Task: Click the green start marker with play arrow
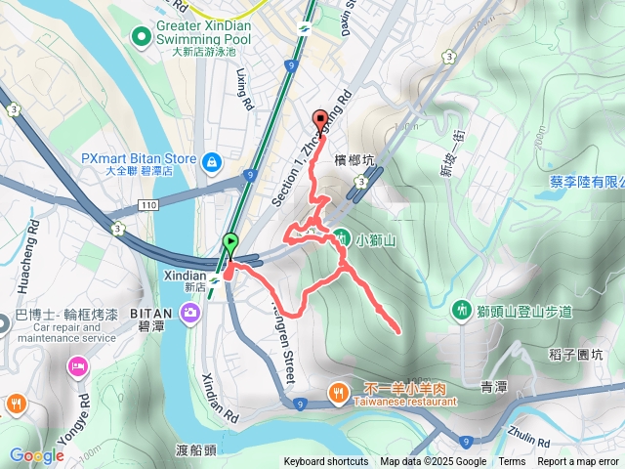pyautogui.click(x=230, y=242)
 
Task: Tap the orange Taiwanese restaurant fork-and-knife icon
pyautogui.click(x=337, y=392)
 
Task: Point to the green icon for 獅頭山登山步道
pyautogui.click(x=461, y=310)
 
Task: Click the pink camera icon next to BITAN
pyautogui.click(x=189, y=311)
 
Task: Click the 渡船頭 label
pyautogui.click(x=196, y=450)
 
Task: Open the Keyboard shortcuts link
pyautogui.click(x=326, y=462)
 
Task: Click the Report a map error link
pyautogui.click(x=577, y=462)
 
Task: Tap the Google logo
pyautogui.click(x=36, y=455)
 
